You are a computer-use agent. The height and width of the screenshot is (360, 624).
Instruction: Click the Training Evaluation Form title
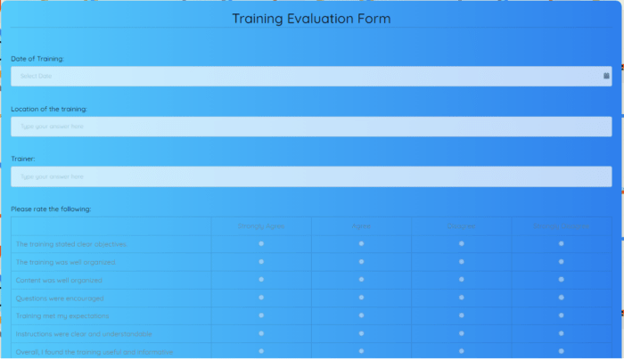click(x=311, y=19)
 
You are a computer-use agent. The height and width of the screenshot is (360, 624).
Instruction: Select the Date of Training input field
click(x=303, y=77)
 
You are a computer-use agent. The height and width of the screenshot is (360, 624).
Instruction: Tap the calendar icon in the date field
click(x=606, y=77)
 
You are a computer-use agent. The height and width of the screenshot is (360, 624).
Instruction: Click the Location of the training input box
click(x=311, y=127)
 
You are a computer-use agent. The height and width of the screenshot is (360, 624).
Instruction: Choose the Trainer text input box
click(x=311, y=176)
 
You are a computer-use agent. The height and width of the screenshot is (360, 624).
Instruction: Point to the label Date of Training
click(x=37, y=59)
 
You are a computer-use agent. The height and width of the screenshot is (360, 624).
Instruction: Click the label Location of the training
click(x=49, y=109)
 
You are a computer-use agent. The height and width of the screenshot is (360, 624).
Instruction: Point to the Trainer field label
click(x=23, y=159)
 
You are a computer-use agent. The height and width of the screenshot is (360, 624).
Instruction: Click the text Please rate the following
click(x=51, y=209)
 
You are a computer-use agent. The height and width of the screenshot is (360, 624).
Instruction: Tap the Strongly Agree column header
click(x=261, y=226)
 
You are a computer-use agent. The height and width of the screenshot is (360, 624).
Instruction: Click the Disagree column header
click(x=461, y=226)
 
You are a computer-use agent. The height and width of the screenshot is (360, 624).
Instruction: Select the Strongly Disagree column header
click(x=562, y=226)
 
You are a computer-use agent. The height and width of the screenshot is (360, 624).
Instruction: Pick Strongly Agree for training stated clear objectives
click(x=261, y=243)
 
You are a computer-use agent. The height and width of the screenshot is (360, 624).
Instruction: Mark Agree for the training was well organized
click(x=361, y=261)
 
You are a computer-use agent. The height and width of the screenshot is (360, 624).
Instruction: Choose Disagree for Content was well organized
click(x=461, y=280)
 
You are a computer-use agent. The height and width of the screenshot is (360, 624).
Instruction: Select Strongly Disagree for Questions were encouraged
click(x=562, y=298)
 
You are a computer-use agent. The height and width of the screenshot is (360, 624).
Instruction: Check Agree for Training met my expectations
click(x=361, y=315)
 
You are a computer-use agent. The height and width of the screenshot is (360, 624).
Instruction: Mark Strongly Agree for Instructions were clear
click(x=261, y=333)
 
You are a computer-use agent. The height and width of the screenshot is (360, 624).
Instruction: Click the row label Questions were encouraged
click(x=60, y=298)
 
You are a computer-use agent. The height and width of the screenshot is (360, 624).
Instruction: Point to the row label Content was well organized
click(x=59, y=280)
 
